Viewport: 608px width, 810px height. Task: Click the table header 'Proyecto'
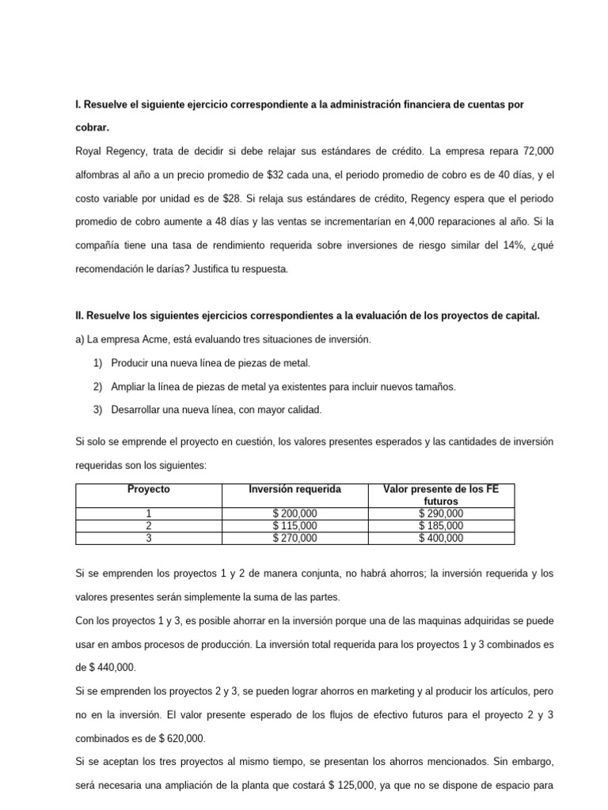pos(149,490)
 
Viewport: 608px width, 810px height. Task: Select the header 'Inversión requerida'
pos(294,490)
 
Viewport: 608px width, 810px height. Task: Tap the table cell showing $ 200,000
pos(294,513)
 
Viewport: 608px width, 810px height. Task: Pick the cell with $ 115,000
pos(294,526)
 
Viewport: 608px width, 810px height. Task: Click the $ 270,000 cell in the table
pos(294,539)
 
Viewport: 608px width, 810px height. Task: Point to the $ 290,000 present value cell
pos(441,513)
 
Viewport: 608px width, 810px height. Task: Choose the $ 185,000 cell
pos(441,526)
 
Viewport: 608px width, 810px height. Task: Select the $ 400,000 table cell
pos(441,539)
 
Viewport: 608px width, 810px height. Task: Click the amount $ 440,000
pos(107,668)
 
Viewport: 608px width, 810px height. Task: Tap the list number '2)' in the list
pos(98,387)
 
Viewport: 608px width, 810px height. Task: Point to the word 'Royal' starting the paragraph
pos(88,150)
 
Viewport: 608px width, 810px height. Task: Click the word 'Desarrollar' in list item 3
pos(138,410)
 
